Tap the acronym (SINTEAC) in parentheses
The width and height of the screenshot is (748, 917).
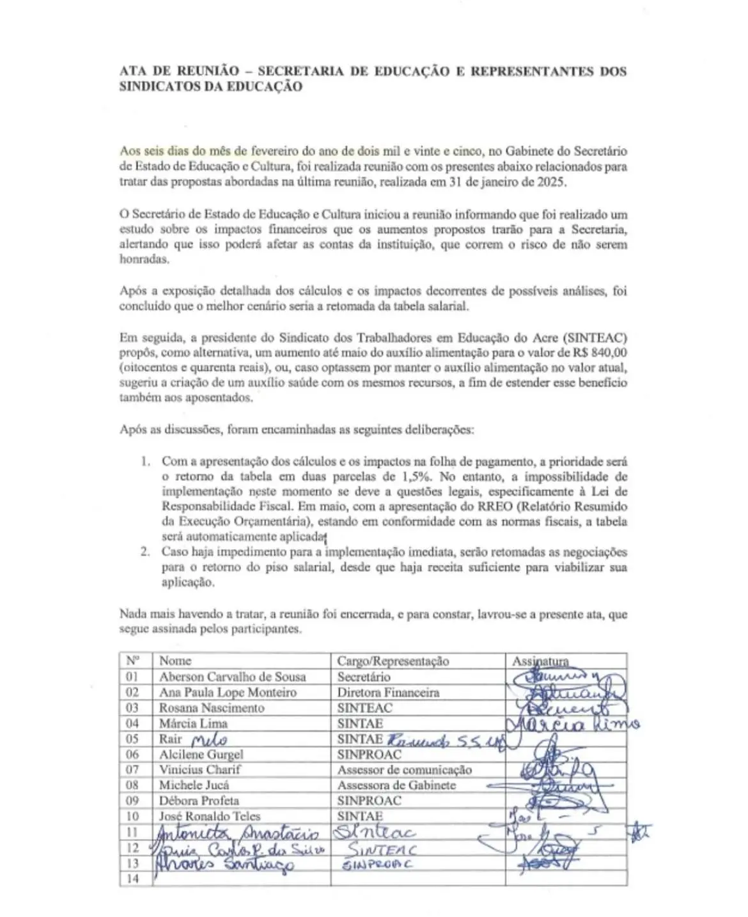pos(594,338)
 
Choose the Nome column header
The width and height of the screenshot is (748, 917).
pos(175,661)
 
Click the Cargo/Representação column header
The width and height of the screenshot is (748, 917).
pos(393,661)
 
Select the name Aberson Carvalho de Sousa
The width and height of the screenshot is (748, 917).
pos(232,677)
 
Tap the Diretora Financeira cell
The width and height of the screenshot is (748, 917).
pos(388,693)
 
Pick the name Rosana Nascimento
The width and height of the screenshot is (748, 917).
pos(212,708)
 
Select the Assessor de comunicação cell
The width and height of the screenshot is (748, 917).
pos(404,770)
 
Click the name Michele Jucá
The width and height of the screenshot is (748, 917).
pos(194,785)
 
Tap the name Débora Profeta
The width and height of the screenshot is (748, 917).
pos(199,801)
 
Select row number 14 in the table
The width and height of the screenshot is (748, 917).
pos(133,879)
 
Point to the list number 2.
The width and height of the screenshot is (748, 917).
pos(146,552)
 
